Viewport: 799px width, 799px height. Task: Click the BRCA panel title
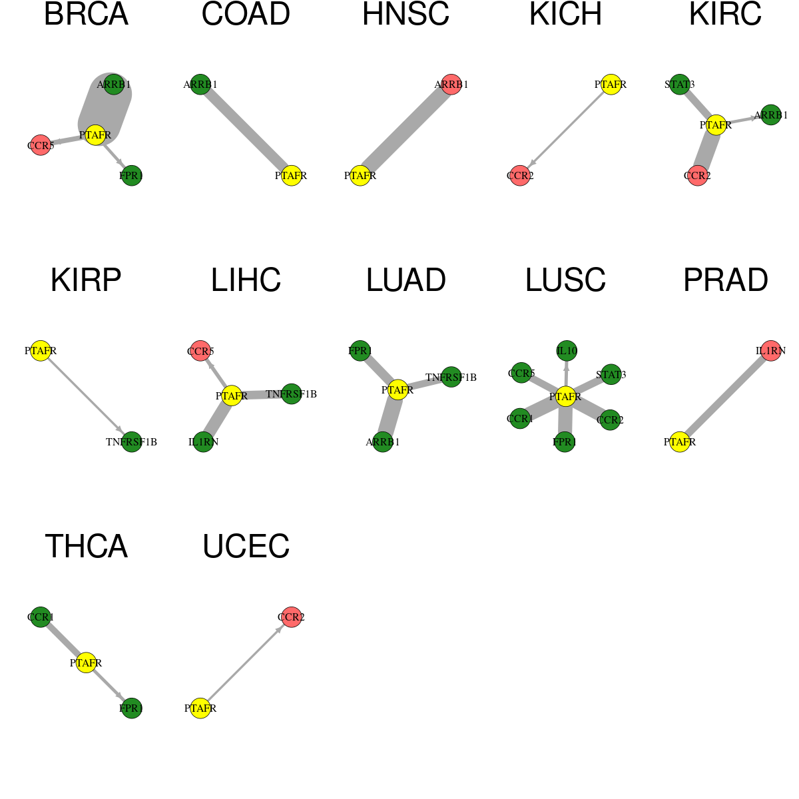(86, 14)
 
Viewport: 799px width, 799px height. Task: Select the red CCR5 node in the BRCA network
(40, 145)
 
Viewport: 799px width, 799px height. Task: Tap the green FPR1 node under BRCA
(131, 175)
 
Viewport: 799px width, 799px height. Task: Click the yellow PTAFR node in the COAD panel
(291, 175)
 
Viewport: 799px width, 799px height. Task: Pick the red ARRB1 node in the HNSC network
(451, 84)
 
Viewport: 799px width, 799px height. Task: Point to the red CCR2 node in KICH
(520, 175)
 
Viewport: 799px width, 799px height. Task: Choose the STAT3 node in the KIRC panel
(680, 84)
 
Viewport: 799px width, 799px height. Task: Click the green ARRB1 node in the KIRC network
(771, 115)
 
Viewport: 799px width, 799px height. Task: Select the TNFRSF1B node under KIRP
(131, 441)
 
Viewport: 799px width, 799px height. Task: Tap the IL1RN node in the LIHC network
(203, 441)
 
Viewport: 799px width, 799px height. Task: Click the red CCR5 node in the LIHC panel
(200, 351)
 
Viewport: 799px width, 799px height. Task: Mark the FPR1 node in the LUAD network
(360, 351)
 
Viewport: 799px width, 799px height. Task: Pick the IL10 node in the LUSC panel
(567, 351)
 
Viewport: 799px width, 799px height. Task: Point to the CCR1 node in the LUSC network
(519, 418)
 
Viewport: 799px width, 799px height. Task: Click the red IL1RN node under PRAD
(770, 351)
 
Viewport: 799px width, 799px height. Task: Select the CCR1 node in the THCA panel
(41, 617)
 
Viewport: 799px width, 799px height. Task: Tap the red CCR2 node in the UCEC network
(291, 617)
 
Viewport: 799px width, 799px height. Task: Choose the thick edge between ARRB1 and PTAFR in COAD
(246, 130)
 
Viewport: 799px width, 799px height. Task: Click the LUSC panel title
(565, 280)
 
